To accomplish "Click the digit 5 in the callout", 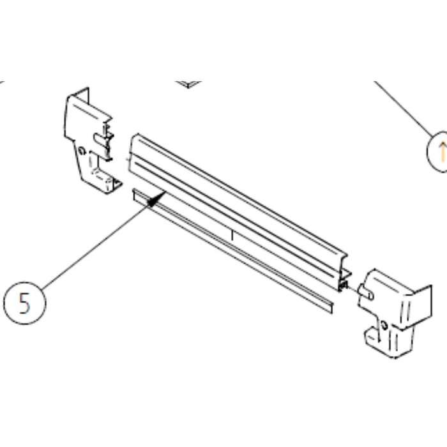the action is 24,303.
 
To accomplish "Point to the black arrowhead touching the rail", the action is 156,199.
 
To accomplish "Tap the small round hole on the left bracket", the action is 82,151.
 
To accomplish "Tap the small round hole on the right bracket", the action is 384,325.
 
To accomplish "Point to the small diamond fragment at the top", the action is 188,84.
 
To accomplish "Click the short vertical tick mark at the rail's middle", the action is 232,236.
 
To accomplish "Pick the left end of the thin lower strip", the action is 135,197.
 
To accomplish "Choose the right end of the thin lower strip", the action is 331,307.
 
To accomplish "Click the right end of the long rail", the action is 345,274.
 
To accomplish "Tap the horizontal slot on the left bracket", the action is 100,139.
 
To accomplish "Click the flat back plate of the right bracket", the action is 422,302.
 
